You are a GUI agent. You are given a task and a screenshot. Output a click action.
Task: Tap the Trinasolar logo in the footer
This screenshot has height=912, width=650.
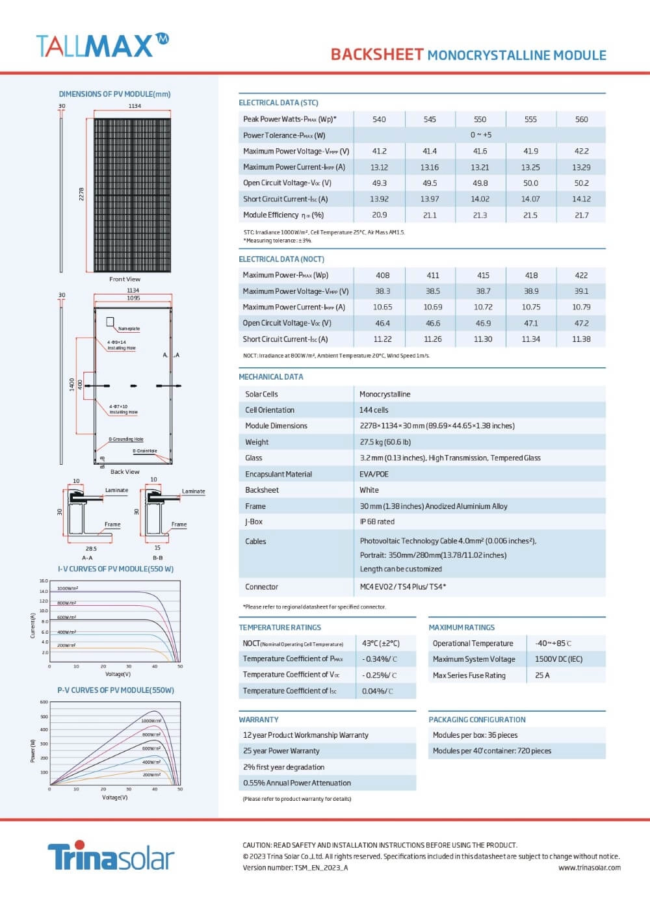pos(110,856)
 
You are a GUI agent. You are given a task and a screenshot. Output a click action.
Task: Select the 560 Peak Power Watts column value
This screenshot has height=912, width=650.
pos(581,120)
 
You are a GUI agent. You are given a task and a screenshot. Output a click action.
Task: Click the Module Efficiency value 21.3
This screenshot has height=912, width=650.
pos(480,215)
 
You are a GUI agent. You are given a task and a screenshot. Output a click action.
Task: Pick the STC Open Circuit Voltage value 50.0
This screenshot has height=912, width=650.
pos(530,183)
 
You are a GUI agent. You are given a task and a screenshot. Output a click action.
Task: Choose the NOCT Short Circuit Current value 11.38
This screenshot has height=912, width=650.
pos(581,339)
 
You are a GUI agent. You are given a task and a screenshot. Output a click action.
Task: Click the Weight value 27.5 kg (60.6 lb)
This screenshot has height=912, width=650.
pos(385,442)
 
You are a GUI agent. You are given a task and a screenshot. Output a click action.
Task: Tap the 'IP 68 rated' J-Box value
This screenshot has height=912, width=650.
pos(377,522)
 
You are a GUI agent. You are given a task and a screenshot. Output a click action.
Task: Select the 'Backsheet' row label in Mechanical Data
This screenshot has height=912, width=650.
pos(262,490)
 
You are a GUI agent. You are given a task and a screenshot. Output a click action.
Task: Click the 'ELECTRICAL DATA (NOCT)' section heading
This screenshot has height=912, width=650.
pos(281,259)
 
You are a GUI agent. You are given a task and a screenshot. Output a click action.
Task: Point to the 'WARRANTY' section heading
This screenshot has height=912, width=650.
pos(259,720)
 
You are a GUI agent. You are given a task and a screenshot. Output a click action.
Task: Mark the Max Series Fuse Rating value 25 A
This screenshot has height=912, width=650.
pos(542,675)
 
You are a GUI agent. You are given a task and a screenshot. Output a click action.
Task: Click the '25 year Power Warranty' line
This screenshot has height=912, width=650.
pos(281,751)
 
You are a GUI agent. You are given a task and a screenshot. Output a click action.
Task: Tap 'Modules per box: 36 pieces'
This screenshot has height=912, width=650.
pos(475,735)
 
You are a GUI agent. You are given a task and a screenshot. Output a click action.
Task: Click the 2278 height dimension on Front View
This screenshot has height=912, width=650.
pos(82,194)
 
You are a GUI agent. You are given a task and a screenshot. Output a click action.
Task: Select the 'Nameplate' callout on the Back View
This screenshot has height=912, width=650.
pos(129,329)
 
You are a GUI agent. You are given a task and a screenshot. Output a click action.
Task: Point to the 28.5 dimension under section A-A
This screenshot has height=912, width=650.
pos(91,549)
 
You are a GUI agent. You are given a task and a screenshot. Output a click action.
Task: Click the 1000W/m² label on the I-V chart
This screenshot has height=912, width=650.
pos(68,588)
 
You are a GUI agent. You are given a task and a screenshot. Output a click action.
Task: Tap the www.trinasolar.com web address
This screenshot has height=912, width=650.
pos(589,868)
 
